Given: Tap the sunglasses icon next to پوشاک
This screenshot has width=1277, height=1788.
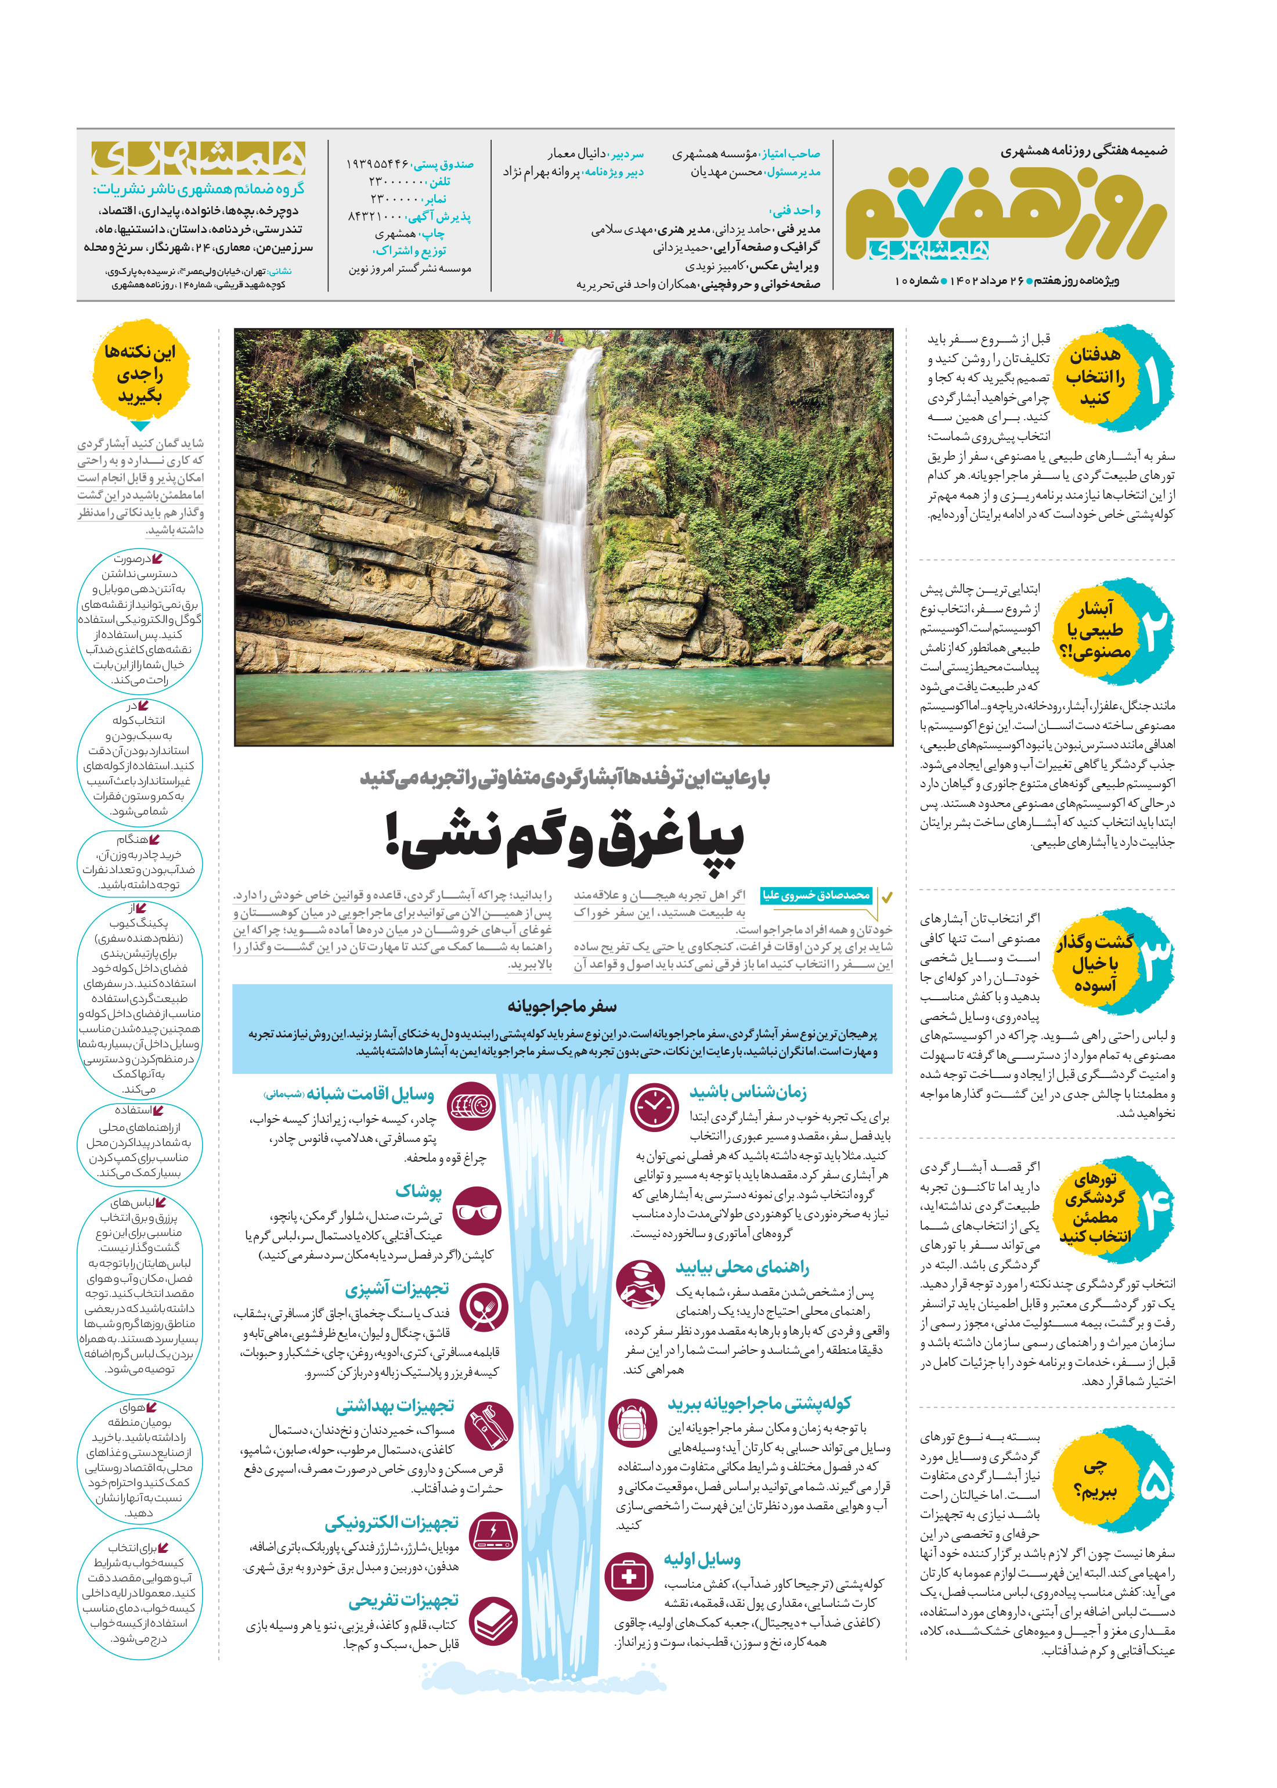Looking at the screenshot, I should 477,1212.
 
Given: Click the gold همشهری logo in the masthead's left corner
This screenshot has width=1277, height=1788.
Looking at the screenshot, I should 198,158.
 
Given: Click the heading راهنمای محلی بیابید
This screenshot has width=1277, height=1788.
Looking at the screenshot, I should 741,1267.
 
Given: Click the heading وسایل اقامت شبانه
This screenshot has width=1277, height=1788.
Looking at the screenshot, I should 370,1094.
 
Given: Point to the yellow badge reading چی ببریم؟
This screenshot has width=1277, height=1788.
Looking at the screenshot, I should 1095,1480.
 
